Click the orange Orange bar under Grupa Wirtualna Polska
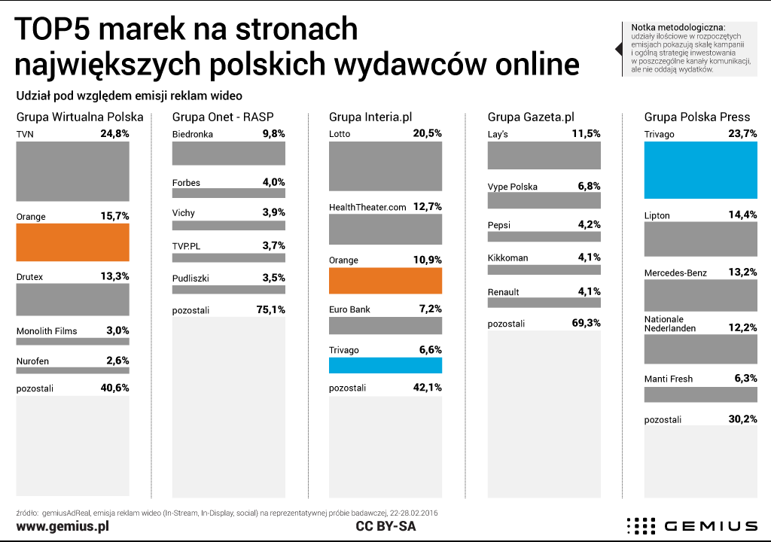(72, 242)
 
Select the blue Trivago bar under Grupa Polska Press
(700, 171)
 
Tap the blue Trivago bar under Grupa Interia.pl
(385, 365)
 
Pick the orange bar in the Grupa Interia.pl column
(385, 280)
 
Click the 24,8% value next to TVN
(114, 134)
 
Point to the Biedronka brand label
(193, 134)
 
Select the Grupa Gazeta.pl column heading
(531, 117)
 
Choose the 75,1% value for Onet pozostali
(270, 309)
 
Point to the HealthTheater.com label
(368, 206)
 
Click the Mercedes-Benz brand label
(675, 273)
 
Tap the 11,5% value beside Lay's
(585, 134)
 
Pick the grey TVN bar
(72, 171)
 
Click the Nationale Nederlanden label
(670, 324)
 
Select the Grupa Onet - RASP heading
(223, 117)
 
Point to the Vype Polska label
(513, 187)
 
